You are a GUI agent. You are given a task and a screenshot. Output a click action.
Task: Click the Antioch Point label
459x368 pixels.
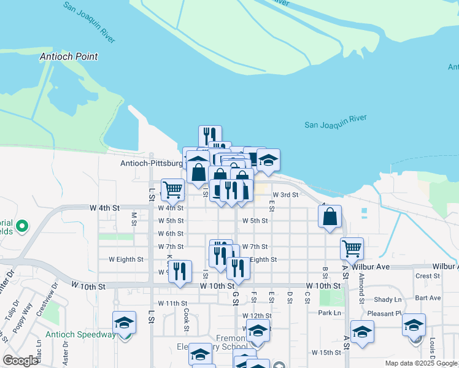click(x=68, y=56)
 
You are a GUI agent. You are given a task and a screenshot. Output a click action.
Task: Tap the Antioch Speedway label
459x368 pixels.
click(x=80, y=334)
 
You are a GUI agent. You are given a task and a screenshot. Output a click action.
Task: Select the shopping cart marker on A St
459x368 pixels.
click(x=352, y=248)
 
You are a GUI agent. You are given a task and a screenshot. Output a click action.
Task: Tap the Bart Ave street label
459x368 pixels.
click(x=427, y=298)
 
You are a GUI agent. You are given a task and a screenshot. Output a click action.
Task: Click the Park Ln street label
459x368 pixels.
click(x=330, y=313)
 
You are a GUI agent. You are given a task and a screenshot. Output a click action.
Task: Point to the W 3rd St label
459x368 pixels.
click(x=285, y=194)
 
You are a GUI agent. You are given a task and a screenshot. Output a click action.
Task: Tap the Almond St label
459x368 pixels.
click(x=362, y=283)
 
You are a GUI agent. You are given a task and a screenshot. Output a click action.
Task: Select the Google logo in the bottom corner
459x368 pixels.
click(x=20, y=361)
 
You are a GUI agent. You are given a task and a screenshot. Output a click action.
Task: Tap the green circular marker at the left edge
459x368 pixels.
click(x=22, y=227)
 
